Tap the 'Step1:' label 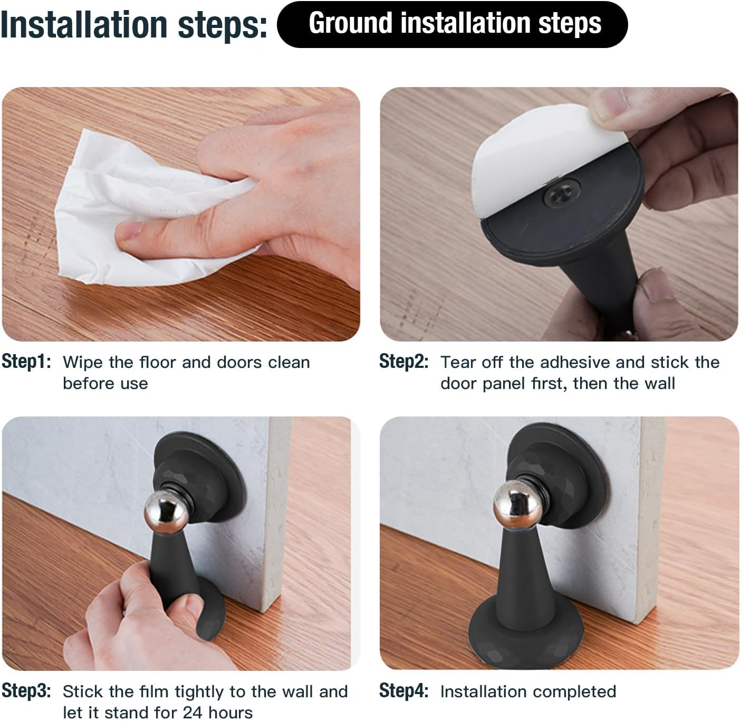coord(26,362)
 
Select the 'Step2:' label coord(403,362)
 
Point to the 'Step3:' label coord(26,691)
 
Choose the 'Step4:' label coord(403,691)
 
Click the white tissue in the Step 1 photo coord(132,211)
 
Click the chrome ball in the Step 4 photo coord(517,504)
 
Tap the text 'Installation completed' coord(528,691)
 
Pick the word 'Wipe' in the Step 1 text coord(83,362)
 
